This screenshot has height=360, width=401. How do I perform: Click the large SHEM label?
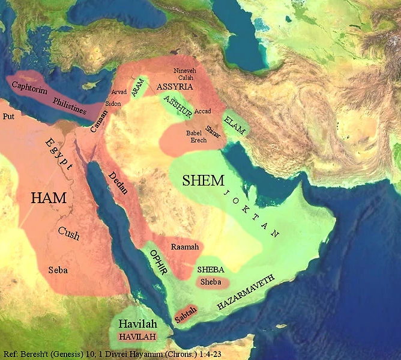[204, 180]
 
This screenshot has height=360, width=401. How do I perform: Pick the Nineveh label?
[184, 71]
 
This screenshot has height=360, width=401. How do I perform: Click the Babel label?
[195, 132]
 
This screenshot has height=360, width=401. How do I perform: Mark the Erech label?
[198, 140]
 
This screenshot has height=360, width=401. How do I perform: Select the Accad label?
[203, 111]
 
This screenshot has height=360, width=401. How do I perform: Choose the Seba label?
[58, 270]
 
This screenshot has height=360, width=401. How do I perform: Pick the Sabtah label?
[185, 313]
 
